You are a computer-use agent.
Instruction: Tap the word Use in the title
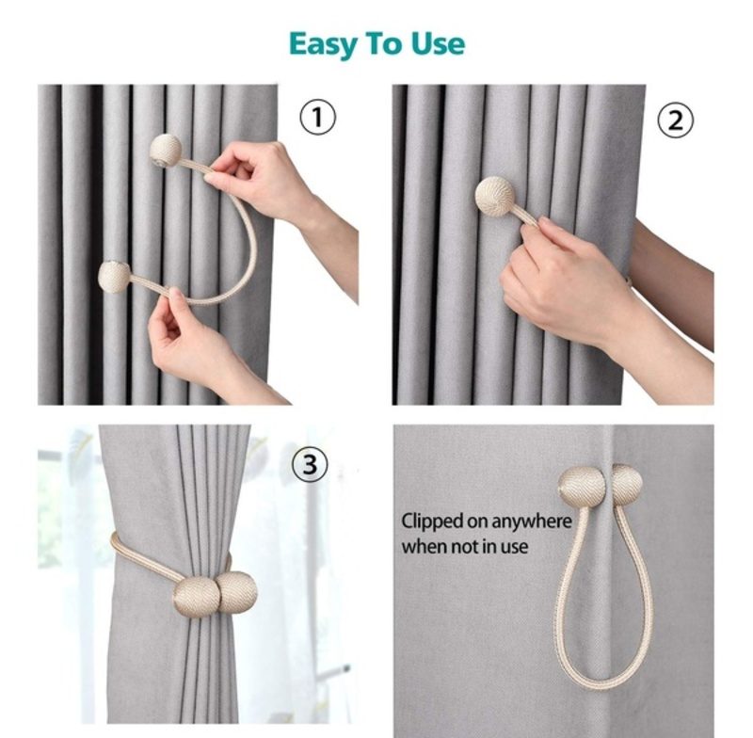click(438, 44)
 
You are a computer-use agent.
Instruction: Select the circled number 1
click(317, 117)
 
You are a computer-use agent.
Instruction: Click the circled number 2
click(675, 120)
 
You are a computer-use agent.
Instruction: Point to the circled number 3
click(311, 465)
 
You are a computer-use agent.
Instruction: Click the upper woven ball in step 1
click(166, 151)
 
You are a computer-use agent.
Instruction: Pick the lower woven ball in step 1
click(114, 277)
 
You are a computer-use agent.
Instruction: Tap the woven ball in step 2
click(495, 196)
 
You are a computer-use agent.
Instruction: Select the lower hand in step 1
click(201, 345)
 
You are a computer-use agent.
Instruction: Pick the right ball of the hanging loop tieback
click(626, 485)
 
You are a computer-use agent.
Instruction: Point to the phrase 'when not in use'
click(464, 547)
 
